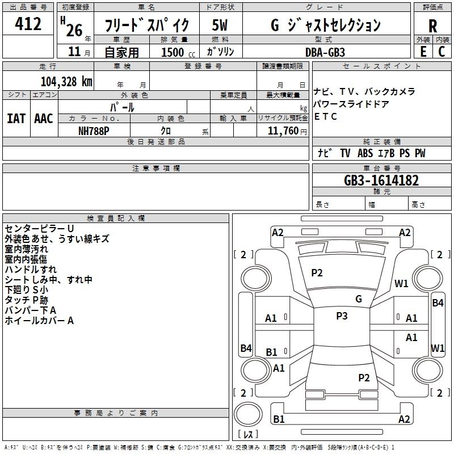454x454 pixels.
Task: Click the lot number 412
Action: coord(29,24)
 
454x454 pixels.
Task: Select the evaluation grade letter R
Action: coord(432,26)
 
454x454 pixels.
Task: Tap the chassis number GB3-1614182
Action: coord(381,181)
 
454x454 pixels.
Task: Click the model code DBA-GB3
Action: coord(325,52)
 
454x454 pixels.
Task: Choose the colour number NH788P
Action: coord(94,131)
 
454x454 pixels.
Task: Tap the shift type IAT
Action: coord(16,119)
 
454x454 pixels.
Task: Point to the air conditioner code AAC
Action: coord(44,119)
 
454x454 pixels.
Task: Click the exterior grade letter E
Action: coord(423,52)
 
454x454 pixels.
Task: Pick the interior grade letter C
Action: coord(442,52)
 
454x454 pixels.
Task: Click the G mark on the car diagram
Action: coord(359,299)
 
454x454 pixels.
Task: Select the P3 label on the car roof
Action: coord(342,316)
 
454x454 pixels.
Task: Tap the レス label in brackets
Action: coord(248,435)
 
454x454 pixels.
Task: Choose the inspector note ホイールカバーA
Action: coord(40,321)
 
